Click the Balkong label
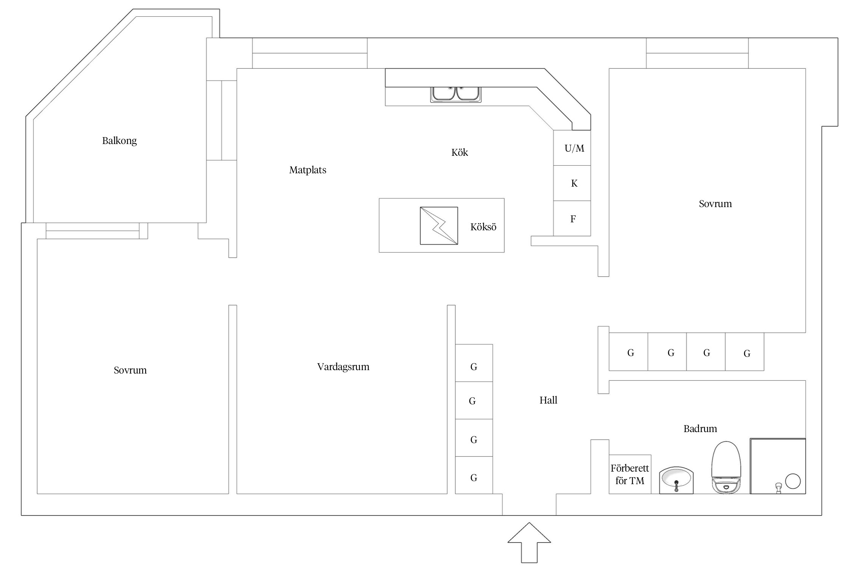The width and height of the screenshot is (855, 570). [119, 141]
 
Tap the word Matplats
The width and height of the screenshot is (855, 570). [307, 170]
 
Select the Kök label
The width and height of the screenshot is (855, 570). [459, 152]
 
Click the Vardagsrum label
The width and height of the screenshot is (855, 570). [343, 367]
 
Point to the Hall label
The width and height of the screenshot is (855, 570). [548, 400]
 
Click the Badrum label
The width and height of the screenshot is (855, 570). [700, 429]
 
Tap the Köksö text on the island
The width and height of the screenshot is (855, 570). [483, 227]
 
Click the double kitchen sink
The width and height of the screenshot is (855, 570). [456, 94]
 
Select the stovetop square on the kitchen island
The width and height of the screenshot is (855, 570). [439, 226]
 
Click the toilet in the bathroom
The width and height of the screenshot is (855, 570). [726, 467]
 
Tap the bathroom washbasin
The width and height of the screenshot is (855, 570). [676, 480]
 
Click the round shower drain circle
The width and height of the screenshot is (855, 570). [793, 481]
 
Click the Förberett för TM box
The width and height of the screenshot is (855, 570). [630, 474]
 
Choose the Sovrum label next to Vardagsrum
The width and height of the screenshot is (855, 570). [130, 370]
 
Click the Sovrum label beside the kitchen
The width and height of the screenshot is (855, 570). [715, 204]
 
